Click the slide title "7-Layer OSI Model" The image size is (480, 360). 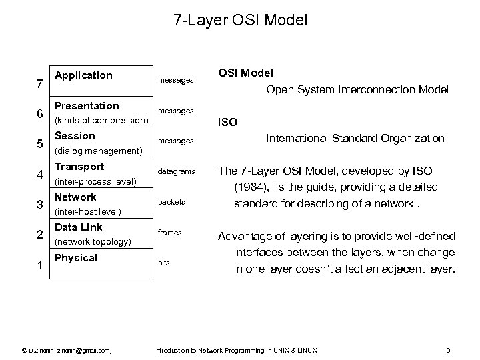point(240,21)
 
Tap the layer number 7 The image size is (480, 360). point(41,85)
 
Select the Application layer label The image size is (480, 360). point(83,75)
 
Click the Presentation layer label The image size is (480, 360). point(87,106)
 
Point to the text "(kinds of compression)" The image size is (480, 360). point(101,120)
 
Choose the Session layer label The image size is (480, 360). point(75,136)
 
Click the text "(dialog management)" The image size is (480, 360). point(98,151)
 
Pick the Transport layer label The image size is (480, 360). point(79,167)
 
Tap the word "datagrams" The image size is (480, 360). point(177,171)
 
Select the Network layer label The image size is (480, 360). point(75,197)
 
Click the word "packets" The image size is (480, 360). point(171,201)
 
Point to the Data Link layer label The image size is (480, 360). point(78,227)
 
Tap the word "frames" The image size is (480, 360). point(170,233)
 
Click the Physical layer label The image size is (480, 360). point(76,258)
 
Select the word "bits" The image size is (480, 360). point(164,263)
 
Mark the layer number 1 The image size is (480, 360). point(41,266)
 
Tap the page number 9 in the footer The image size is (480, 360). point(449,350)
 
